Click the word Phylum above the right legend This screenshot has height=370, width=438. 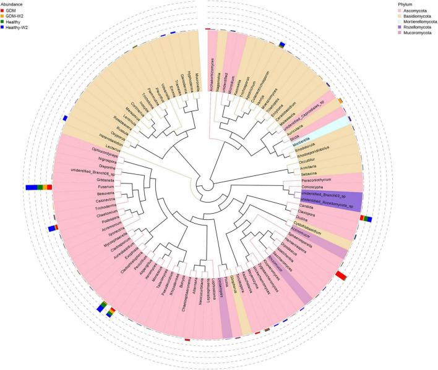[x=405, y=4]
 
